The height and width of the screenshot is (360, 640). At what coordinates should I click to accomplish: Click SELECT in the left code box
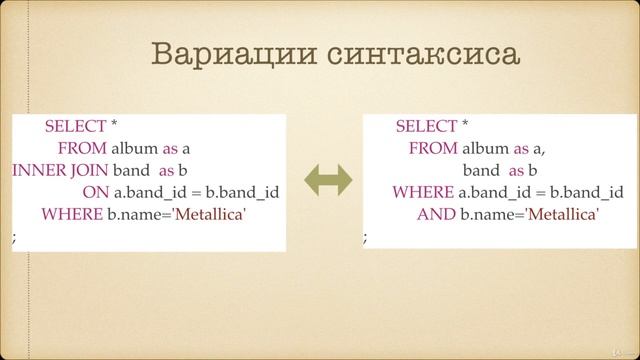click(x=75, y=126)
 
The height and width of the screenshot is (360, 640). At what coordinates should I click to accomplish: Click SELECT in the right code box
click(x=426, y=126)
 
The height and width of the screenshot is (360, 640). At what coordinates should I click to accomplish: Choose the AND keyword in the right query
click(x=436, y=214)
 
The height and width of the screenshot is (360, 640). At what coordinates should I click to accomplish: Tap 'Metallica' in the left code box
click(x=209, y=214)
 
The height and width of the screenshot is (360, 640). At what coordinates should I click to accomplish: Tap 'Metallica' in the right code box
click(x=562, y=214)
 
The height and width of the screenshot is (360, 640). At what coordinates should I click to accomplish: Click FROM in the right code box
click(x=431, y=148)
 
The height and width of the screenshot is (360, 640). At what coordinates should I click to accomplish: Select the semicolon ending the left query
click(x=14, y=237)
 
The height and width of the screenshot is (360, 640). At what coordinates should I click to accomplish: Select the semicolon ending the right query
click(x=365, y=237)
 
